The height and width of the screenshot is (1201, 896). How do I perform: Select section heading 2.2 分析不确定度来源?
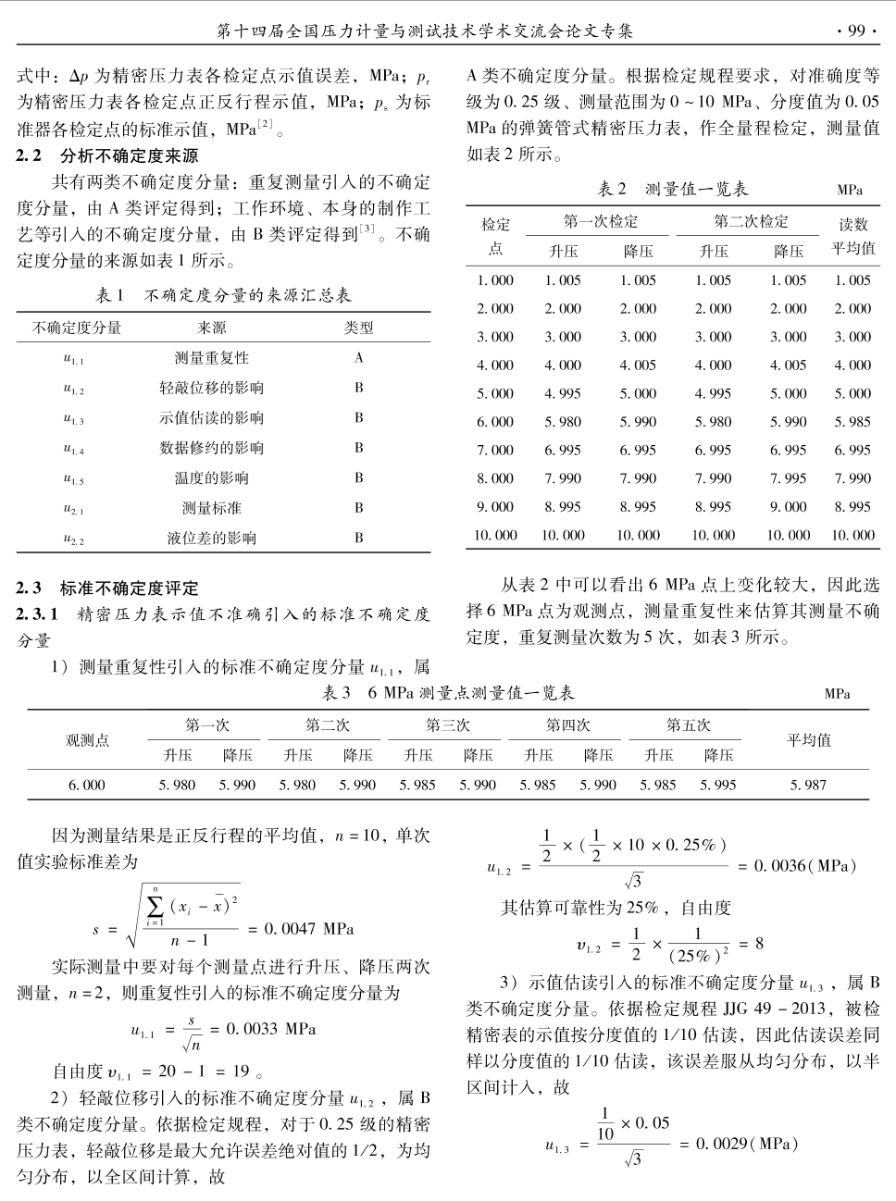coord(107,155)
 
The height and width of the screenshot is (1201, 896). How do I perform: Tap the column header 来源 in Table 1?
coord(211,328)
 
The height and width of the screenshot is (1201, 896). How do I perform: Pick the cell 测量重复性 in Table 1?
coord(211,358)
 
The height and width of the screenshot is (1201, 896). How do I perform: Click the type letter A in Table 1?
coord(359,358)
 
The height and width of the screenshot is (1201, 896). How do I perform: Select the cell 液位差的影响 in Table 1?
coord(211,538)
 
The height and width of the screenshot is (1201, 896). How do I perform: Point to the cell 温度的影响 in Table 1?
coord(211,477)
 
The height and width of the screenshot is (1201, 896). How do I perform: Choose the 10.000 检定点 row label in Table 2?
coord(495,535)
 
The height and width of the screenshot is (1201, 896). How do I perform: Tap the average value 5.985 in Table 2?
coord(852,422)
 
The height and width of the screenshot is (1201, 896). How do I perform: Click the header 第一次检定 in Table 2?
coord(601,222)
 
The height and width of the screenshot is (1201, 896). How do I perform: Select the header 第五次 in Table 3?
coord(688,725)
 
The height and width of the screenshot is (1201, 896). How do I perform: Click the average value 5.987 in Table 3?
coord(808,785)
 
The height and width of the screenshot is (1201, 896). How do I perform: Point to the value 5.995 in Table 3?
coord(718,785)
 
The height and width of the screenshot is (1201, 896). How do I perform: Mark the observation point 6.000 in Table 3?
coord(87,785)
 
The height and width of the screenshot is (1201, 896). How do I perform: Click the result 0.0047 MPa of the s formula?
coord(309,928)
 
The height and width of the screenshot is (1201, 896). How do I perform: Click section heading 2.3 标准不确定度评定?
coord(107,588)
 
